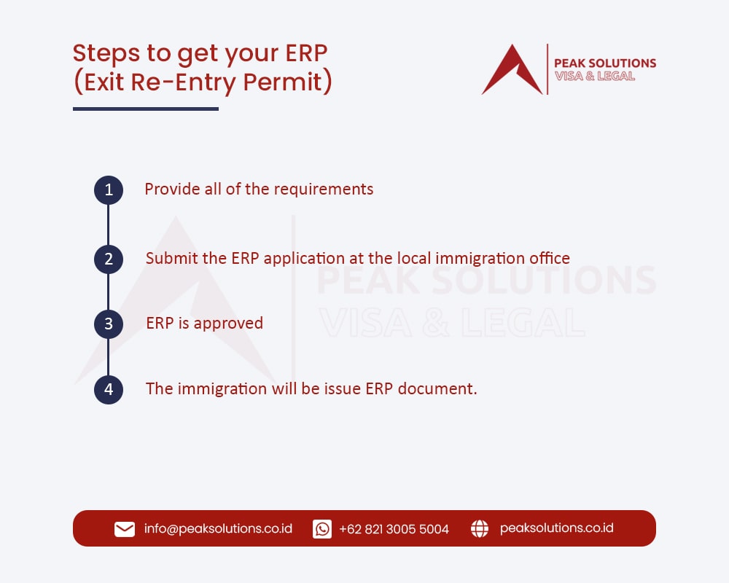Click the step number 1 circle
coord(109,190)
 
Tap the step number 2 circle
coord(109,259)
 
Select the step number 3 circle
coord(109,324)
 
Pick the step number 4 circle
coord(109,389)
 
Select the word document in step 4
coord(440,389)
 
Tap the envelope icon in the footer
coord(125,529)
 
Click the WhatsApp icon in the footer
coord(322,529)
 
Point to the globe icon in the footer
coord(480,529)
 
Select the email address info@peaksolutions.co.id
coord(218,529)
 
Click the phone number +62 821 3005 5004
coord(394,529)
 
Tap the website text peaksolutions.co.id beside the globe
coord(556,528)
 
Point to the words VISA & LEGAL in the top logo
coord(595,77)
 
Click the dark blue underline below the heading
coord(146,109)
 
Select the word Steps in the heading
coord(102,54)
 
